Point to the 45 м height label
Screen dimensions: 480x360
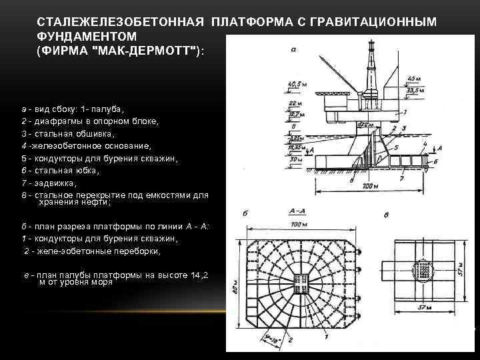[415, 78]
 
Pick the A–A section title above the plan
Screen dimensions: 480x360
[299, 210]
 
